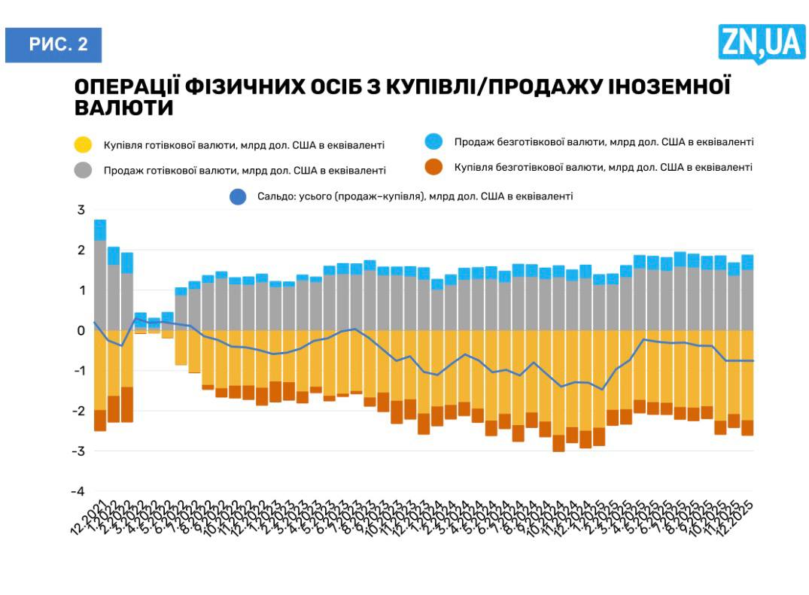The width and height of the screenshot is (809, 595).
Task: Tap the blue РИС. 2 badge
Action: pyautogui.click(x=53, y=44)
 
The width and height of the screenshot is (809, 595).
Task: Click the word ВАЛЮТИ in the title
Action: pyautogui.click(x=124, y=108)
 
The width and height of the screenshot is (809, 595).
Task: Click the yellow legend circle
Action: pyautogui.click(x=84, y=144)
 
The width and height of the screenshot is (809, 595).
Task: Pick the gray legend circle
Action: pyautogui.click(x=84, y=169)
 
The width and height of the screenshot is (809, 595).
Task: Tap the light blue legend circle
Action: pyautogui.click(x=433, y=141)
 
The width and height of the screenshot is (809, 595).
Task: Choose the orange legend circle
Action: pyautogui.click(x=433, y=167)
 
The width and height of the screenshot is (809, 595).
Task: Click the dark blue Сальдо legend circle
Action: pyautogui.click(x=237, y=196)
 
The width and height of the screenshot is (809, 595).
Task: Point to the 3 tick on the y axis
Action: pyautogui.click(x=81, y=210)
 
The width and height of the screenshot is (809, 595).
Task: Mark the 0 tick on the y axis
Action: pyautogui.click(x=81, y=331)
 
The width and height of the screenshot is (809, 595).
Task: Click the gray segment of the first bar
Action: pyautogui.click(x=100, y=286)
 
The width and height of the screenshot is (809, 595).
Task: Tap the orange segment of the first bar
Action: pyautogui.click(x=100, y=420)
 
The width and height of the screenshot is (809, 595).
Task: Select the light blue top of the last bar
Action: pyautogui.click(x=747, y=262)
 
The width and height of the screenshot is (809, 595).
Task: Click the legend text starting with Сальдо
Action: pyautogui.click(x=410, y=196)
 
